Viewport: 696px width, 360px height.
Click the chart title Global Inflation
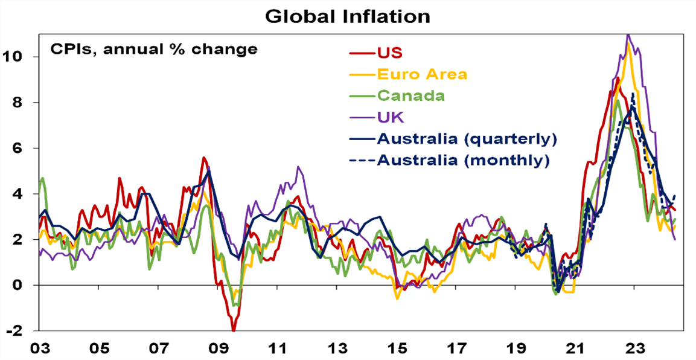tap(348, 16)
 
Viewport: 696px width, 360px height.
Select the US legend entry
tap(389, 53)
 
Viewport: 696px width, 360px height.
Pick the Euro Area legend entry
tap(423, 74)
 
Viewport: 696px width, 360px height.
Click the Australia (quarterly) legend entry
tap(465, 138)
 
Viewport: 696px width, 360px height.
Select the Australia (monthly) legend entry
tap(462, 160)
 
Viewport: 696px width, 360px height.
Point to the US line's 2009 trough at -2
tap(233, 330)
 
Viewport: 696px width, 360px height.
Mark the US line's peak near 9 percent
tap(618, 78)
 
